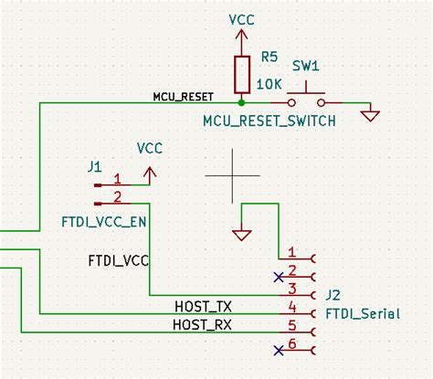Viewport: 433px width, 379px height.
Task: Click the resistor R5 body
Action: point(241,75)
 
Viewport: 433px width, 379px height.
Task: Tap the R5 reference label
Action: point(269,57)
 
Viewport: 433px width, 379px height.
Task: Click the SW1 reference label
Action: point(305,68)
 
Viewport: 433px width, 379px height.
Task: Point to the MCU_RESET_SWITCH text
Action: point(269,121)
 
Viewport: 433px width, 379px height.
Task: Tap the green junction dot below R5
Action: point(241,102)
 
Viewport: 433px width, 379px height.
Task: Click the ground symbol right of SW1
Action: point(371,116)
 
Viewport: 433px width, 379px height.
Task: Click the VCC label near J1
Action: point(150,146)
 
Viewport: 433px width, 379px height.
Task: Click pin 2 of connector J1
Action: point(116,197)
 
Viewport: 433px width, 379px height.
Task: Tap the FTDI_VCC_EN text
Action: point(102,221)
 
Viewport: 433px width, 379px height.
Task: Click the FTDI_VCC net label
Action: point(119,260)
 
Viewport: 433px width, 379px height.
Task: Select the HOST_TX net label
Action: point(202,305)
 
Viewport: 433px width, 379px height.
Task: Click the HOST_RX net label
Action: point(202,325)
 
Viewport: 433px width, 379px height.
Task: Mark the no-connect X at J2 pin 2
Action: point(278,275)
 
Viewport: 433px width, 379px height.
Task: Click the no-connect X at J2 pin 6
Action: point(278,350)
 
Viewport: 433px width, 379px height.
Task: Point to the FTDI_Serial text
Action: point(362,313)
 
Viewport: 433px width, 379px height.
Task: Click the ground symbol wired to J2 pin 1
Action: point(241,235)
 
